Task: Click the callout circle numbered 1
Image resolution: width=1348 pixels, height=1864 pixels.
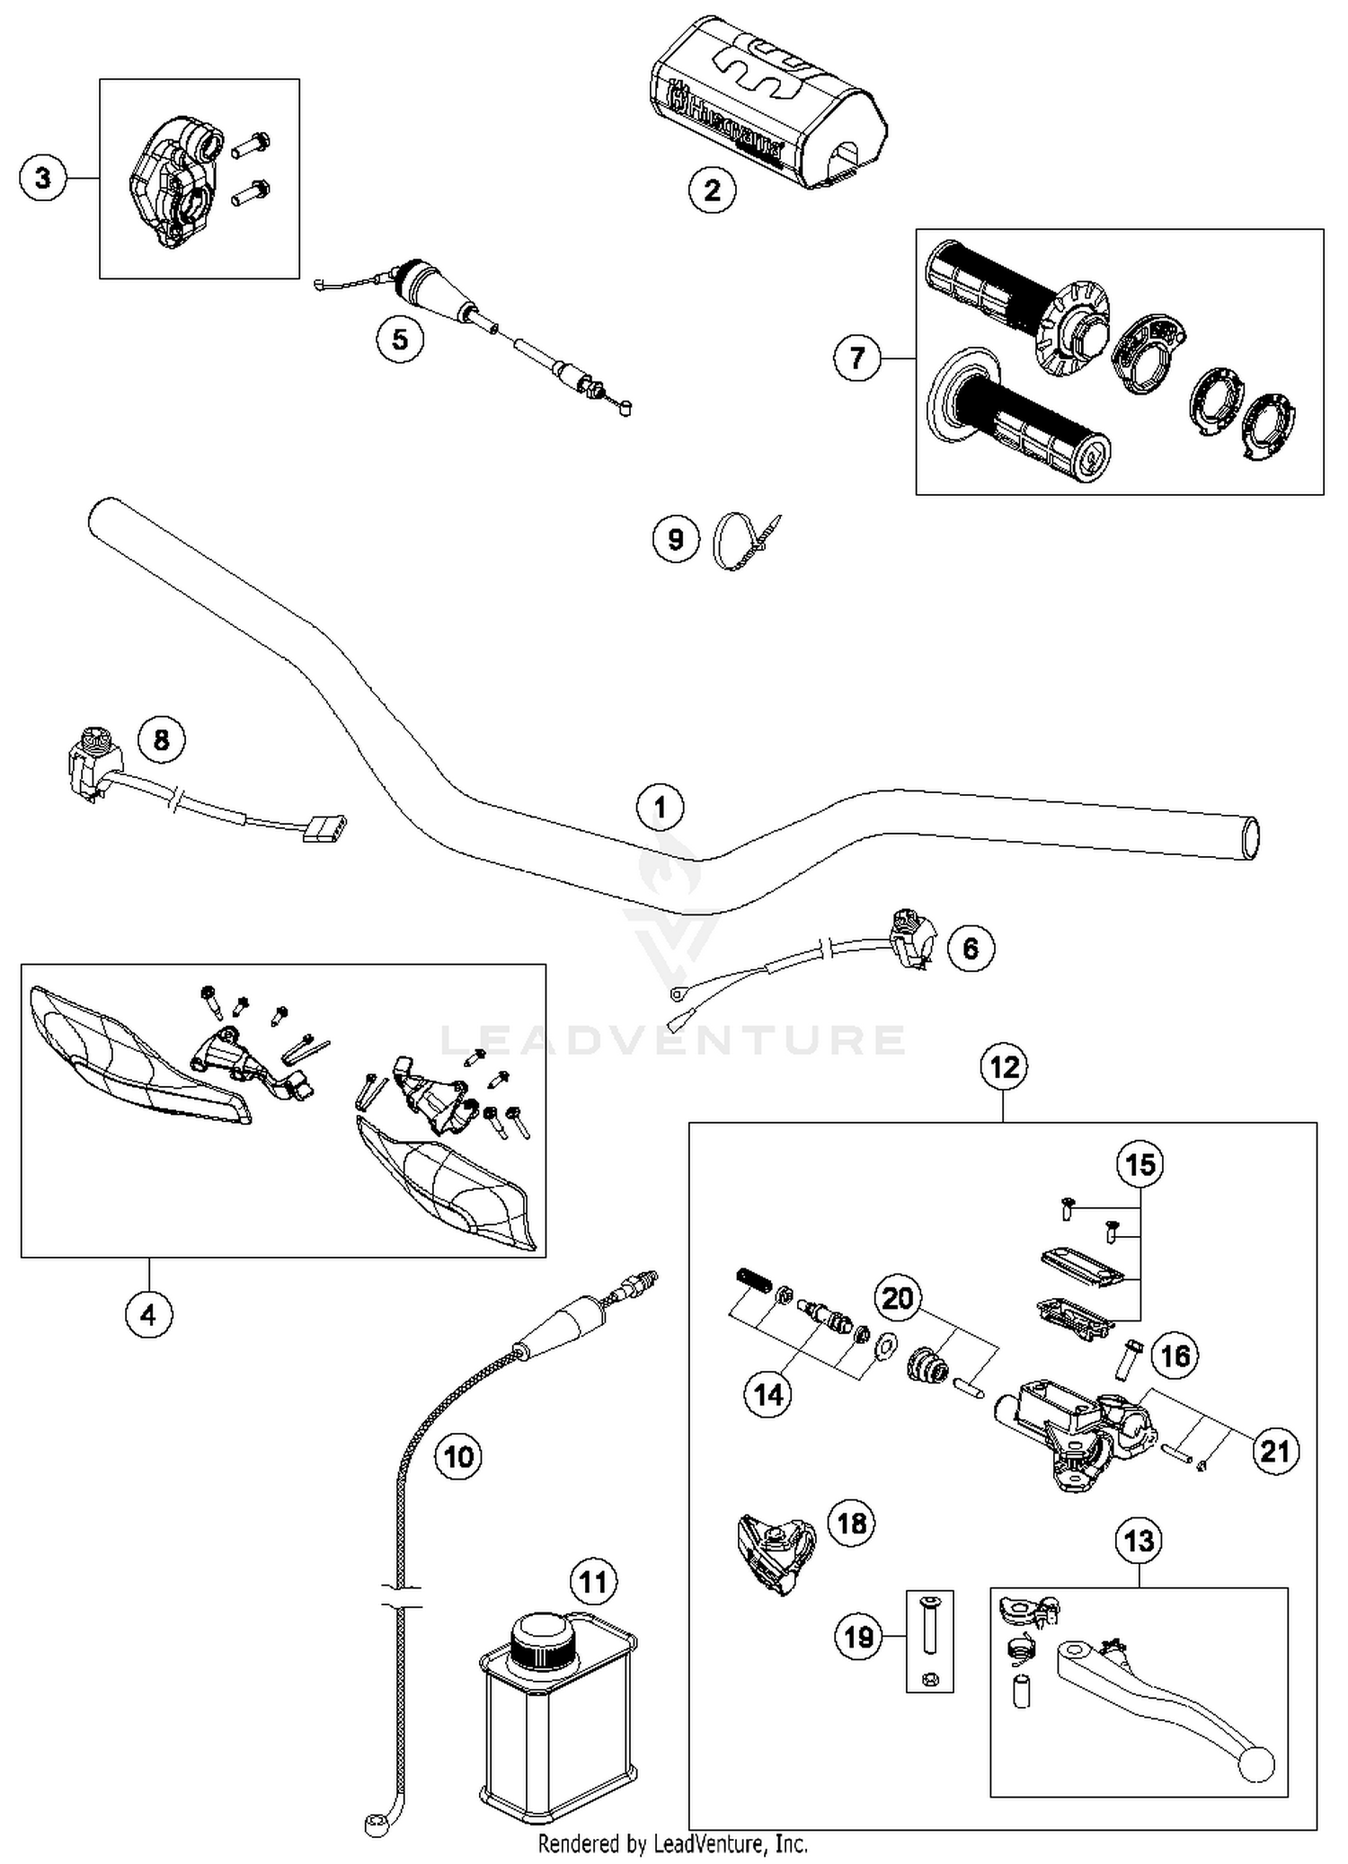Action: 660,806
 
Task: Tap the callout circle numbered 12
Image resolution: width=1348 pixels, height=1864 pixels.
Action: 1004,1066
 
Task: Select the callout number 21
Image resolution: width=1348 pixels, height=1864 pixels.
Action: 1275,1451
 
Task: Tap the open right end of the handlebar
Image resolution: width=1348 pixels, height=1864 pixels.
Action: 1249,838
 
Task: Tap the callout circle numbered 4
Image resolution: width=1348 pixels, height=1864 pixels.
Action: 148,1314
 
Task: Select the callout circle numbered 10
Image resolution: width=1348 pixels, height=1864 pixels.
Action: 458,1455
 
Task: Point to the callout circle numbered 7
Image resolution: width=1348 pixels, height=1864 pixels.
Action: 856,358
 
